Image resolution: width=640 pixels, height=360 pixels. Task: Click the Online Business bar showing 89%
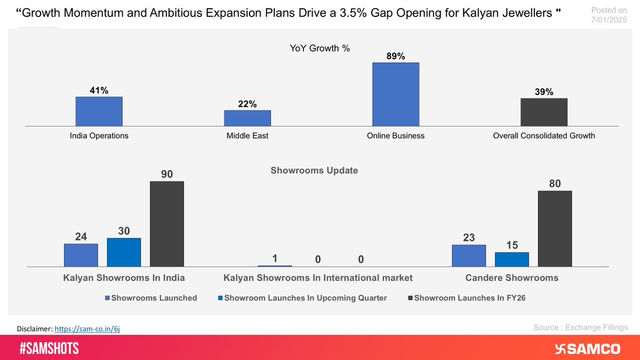[395, 94]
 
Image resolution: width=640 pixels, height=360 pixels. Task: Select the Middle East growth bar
[247, 118]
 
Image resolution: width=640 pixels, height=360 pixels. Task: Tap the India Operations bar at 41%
[99, 111]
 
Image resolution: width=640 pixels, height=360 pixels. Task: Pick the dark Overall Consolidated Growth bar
[543, 112]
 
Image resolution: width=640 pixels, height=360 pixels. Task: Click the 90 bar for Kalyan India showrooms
[166, 224]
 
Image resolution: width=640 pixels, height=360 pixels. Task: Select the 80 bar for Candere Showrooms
[555, 229]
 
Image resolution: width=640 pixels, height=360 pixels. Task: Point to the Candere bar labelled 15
[511, 259]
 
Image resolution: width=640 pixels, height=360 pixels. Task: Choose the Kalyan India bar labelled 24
[81, 255]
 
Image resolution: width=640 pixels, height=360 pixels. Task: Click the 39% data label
[543, 92]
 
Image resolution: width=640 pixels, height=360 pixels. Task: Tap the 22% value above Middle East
[247, 105]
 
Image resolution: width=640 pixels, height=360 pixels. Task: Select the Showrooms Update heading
[314, 171]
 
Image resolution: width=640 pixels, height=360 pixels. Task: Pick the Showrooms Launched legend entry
[151, 298]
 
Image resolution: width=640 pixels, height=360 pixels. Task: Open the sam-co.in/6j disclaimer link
[91, 329]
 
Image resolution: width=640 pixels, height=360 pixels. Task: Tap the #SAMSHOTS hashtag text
[49, 348]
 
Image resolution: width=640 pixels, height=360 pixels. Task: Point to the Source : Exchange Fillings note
[580, 327]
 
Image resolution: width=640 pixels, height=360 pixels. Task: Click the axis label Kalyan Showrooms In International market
[318, 278]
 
